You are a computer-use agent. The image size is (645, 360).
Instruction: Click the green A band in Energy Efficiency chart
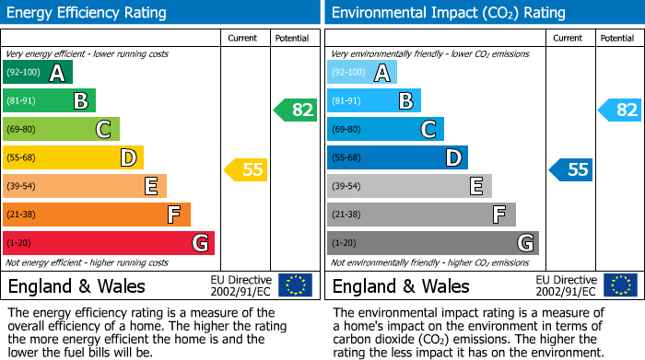click(38, 73)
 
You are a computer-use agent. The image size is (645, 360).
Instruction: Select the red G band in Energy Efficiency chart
click(109, 243)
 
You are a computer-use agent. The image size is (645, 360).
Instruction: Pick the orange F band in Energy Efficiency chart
click(97, 215)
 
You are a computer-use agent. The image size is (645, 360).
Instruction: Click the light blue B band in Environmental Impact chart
click(374, 101)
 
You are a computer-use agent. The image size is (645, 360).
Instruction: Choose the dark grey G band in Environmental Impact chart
click(433, 243)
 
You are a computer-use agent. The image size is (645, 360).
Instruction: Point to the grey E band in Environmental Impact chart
click(409, 187)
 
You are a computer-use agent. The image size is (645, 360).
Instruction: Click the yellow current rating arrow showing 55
click(245, 169)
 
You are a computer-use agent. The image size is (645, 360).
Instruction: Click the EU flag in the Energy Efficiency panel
click(295, 285)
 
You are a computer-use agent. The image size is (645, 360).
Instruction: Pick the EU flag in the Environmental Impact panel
click(620, 285)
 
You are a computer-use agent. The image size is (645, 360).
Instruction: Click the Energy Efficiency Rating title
click(87, 13)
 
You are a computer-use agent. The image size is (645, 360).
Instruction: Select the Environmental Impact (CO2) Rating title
click(448, 13)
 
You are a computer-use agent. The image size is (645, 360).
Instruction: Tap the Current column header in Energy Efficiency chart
click(243, 38)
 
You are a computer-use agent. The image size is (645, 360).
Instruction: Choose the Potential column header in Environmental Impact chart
click(616, 38)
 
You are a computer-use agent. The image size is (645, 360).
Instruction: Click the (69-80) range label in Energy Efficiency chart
click(21, 130)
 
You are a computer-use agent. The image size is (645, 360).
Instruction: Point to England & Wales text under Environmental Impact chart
click(401, 285)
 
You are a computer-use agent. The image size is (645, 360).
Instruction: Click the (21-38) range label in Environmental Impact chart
click(346, 215)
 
